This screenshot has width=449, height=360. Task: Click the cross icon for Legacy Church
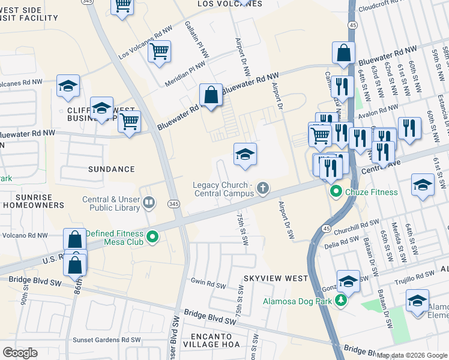pos(262,189)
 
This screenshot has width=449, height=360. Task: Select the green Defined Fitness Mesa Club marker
pos(152,238)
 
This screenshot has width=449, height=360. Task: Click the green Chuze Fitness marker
pos(336,192)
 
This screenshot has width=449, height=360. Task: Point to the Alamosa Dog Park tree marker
pos(341,300)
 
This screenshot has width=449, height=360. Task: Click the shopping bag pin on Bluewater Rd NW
pos(211,95)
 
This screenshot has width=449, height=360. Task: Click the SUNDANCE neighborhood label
pos(111,169)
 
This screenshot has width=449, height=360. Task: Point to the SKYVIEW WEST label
pos(276,278)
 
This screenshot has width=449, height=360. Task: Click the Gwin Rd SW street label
pos(207,281)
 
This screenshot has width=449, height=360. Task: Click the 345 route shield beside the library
pos(172,204)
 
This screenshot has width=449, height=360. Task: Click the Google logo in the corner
pos(20,353)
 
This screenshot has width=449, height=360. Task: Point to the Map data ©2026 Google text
pos(412,355)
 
